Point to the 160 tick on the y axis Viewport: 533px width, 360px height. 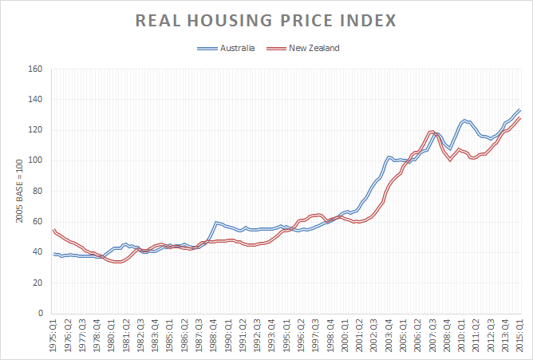tap(34, 69)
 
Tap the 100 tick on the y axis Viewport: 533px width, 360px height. tap(34, 160)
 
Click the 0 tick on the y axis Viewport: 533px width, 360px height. tap(38, 313)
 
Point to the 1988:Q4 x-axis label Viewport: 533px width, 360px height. tap(214, 334)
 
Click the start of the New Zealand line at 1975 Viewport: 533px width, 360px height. tap(53, 230)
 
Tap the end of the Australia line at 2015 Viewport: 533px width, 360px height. tap(520, 109)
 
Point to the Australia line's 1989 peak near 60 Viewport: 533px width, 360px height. tap(216, 222)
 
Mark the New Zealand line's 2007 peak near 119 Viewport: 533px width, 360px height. tap(432, 131)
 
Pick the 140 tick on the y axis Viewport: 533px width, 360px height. tap(34, 99)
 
